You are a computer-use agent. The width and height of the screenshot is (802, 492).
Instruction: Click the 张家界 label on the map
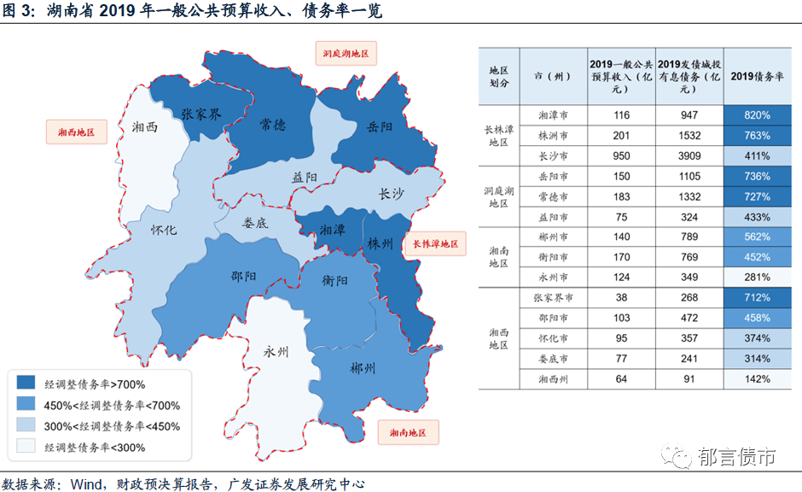click(x=201, y=114)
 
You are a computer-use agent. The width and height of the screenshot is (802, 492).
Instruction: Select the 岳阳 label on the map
click(x=380, y=127)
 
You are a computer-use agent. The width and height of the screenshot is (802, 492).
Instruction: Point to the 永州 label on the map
click(x=277, y=351)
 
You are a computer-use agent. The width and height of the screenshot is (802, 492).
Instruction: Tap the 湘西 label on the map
click(x=145, y=128)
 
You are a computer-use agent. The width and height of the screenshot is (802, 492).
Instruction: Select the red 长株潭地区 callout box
click(x=435, y=244)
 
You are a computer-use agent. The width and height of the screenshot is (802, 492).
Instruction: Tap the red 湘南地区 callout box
click(x=408, y=433)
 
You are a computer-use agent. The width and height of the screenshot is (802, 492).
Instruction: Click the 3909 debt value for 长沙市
click(x=689, y=156)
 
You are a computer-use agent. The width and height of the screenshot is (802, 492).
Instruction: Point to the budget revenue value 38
click(x=621, y=298)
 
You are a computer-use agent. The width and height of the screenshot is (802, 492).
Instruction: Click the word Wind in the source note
click(x=85, y=483)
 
